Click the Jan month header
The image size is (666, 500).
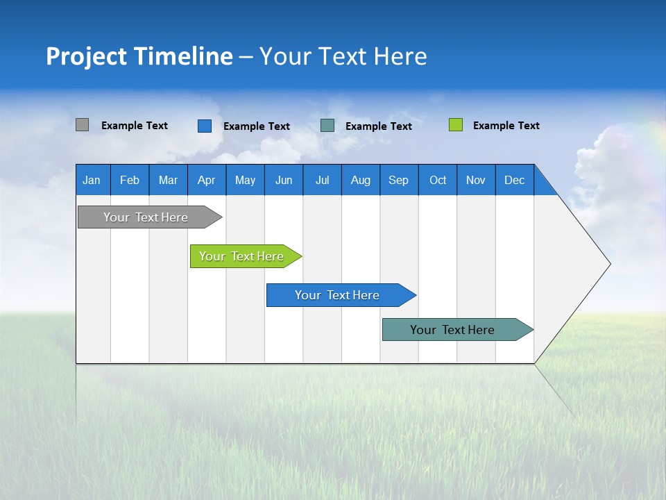tap(92, 180)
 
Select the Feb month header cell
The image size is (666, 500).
tap(130, 180)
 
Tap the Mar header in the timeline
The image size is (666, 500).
tap(168, 180)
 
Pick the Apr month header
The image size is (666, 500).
tap(207, 180)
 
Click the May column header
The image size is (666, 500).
tap(245, 180)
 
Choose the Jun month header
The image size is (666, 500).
tap(284, 180)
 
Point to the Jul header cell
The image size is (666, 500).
tap(322, 180)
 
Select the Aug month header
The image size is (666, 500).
tap(361, 180)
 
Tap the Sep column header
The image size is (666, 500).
tap(399, 180)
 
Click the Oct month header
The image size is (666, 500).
tap(438, 180)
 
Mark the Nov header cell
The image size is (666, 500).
tap(476, 180)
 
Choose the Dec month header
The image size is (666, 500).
tap(515, 180)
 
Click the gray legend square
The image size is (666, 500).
tap(82, 125)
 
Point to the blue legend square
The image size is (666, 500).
tap(205, 126)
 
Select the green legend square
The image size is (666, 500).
tap(455, 125)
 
